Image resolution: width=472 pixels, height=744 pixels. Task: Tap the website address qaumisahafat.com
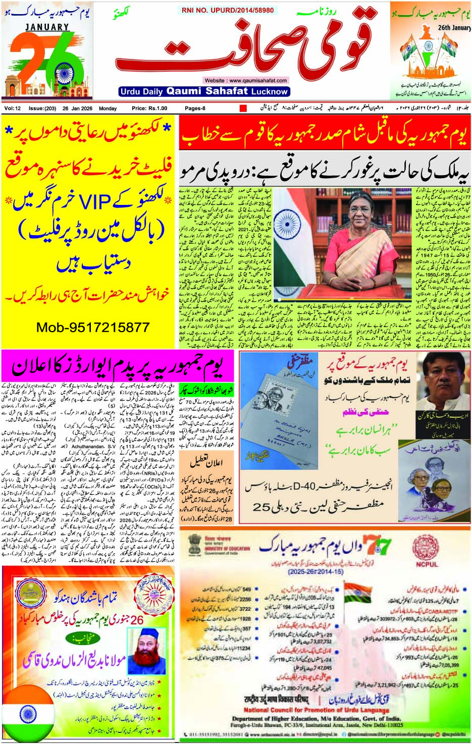(246, 80)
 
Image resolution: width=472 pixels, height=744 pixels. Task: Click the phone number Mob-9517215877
(93, 328)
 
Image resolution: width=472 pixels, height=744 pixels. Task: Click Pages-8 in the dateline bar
(195, 109)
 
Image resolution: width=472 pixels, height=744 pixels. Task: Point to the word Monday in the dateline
(108, 109)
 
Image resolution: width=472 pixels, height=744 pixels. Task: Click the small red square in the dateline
(243, 109)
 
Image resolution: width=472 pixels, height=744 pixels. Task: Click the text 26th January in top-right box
(454, 28)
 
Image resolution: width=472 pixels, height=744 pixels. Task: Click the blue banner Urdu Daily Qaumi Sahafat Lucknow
(203, 91)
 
